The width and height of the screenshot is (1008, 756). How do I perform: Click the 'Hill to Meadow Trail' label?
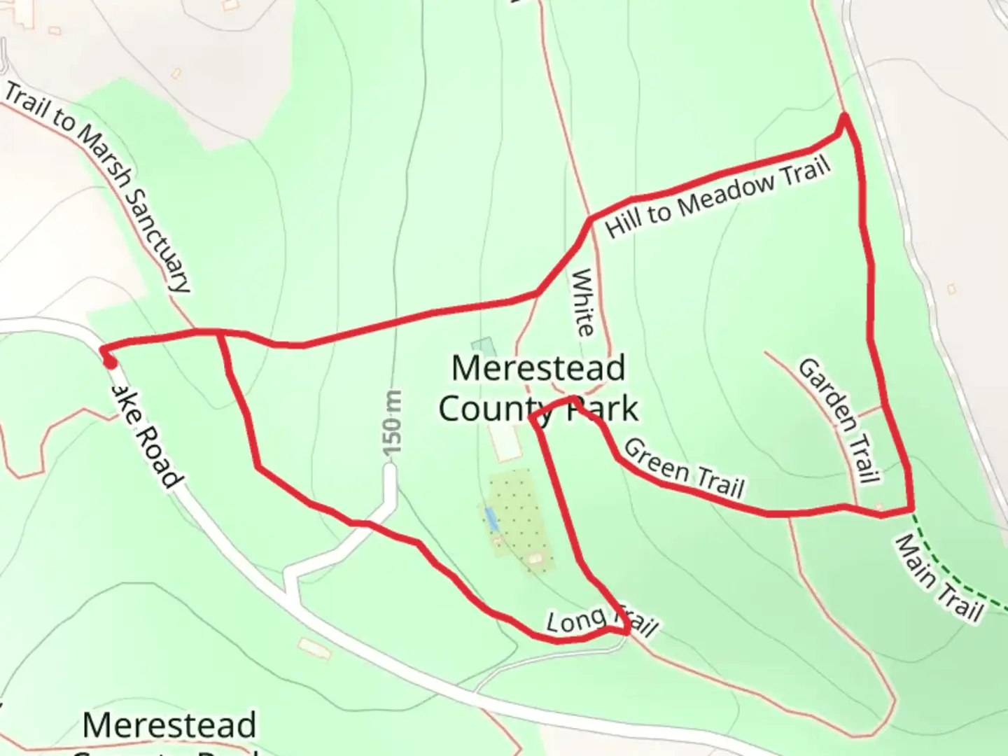coord(717,197)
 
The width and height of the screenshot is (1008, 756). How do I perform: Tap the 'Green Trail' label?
coord(684,468)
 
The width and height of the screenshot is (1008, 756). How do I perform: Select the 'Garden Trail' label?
coord(839,420)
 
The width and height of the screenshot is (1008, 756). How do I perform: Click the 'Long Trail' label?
coord(601,622)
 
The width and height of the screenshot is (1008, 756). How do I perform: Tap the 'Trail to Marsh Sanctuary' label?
coord(98,186)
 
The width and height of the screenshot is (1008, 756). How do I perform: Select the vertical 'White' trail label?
coord(582,302)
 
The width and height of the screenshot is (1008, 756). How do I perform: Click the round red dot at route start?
coord(110,363)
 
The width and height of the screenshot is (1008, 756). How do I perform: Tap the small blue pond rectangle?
coord(492,519)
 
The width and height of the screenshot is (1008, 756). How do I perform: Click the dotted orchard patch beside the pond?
coord(521,518)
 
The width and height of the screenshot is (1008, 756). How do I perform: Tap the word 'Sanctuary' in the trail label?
coord(157,238)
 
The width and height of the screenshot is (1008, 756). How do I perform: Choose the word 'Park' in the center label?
coord(603,409)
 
